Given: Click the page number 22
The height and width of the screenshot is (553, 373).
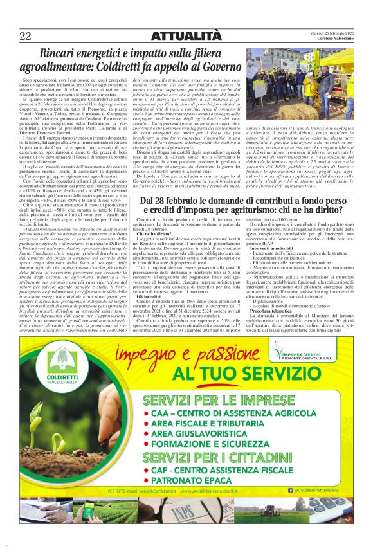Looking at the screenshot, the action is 26,35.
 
